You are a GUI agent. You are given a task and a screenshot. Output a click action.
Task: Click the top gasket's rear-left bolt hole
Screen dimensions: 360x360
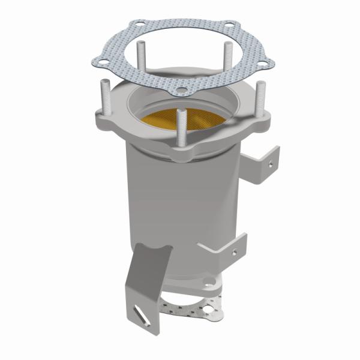coord(139,25)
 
